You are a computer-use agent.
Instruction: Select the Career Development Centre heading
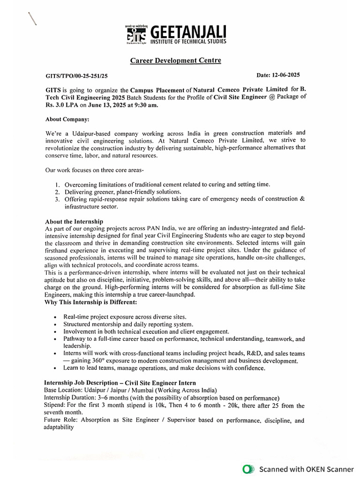[x=175, y=60]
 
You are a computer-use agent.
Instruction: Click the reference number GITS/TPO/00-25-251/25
[x=76, y=75]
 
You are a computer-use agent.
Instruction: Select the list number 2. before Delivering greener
[x=57, y=192]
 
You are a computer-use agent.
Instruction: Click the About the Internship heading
[x=74, y=221]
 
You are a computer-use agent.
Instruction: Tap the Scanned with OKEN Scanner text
[x=307, y=469]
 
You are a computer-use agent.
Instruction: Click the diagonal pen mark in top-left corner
[x=32, y=18]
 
